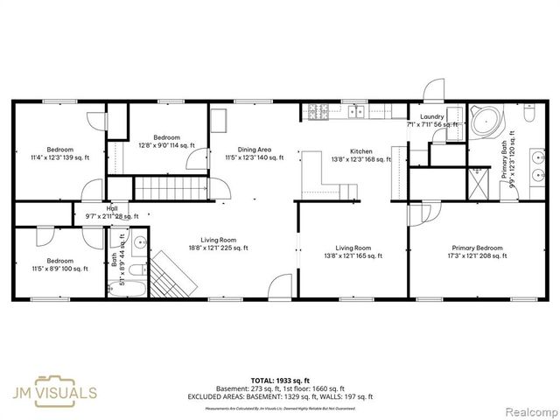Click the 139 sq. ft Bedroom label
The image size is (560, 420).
click(x=60, y=153)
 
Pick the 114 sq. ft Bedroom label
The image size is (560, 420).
click(x=166, y=142)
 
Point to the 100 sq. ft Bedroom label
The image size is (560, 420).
click(x=59, y=265)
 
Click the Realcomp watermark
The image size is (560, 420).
click(x=527, y=410)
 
